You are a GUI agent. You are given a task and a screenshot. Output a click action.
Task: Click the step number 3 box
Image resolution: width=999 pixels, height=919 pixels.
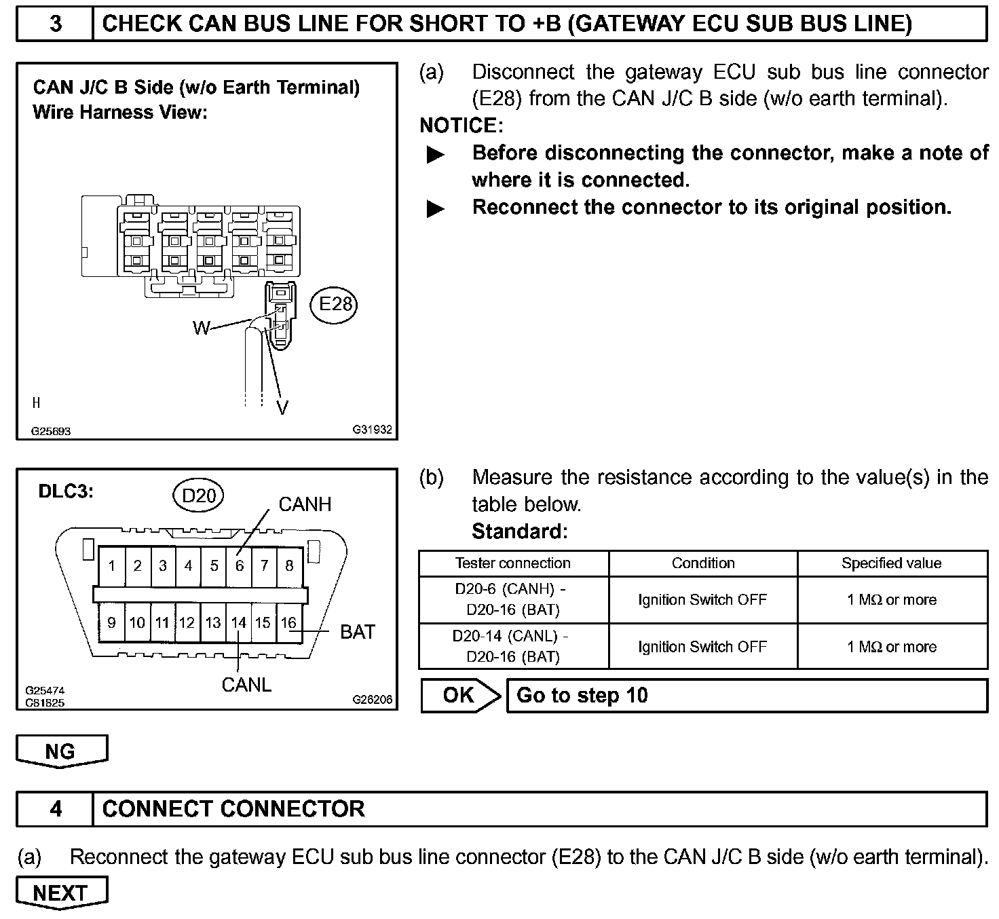[x=55, y=24]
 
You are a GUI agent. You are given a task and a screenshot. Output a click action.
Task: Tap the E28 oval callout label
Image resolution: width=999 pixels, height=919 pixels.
[x=335, y=303]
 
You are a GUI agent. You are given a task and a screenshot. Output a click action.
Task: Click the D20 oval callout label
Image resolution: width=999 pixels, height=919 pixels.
[x=198, y=496]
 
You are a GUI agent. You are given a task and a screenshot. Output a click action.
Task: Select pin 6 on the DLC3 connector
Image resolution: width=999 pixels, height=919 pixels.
[x=239, y=565]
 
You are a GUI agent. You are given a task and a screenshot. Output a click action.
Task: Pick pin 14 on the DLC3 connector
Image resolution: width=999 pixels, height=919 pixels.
[x=238, y=622]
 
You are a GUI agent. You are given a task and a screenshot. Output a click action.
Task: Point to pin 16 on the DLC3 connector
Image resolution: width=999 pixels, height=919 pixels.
[x=289, y=622]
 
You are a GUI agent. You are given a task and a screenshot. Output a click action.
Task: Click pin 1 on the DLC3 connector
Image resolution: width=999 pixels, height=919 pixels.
[x=111, y=565]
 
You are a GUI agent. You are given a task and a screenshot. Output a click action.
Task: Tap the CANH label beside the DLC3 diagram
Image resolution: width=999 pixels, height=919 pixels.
[x=305, y=504]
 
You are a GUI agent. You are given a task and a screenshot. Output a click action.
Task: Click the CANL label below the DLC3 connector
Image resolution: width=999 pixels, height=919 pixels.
[x=246, y=685]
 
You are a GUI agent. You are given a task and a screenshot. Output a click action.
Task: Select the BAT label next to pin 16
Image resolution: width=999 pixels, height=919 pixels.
[x=357, y=632]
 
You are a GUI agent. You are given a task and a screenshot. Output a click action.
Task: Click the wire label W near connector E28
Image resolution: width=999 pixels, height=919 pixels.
[x=202, y=329]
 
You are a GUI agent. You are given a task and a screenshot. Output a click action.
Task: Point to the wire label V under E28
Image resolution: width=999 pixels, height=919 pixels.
[x=282, y=407]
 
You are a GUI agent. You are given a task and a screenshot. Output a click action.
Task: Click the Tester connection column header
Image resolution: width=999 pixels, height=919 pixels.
[x=513, y=563]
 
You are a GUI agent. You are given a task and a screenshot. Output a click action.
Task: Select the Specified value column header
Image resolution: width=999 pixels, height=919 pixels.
[x=891, y=563]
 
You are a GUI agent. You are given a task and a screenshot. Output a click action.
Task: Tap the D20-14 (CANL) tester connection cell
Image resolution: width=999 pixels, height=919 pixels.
[x=513, y=646]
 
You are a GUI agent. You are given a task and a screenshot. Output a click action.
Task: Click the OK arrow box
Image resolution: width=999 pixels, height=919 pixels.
[x=459, y=695]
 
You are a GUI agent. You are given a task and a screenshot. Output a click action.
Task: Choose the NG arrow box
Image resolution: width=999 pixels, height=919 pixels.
[x=61, y=751]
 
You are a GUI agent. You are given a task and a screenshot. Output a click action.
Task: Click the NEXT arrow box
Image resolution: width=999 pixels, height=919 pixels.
[x=61, y=893]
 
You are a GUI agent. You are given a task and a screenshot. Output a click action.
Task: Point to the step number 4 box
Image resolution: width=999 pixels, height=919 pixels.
[x=55, y=809]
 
